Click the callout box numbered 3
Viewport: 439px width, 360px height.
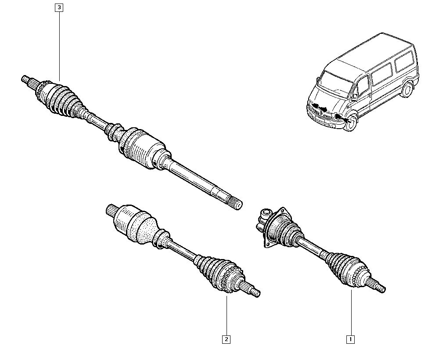59,7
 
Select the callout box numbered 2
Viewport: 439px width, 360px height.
226,339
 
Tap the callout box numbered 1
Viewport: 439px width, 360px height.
350,339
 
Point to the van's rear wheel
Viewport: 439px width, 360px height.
407,90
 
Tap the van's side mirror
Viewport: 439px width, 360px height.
354,97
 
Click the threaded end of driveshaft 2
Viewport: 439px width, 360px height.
255,292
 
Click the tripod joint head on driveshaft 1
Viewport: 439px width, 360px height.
263,217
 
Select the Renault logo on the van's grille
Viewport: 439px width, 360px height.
320,112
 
